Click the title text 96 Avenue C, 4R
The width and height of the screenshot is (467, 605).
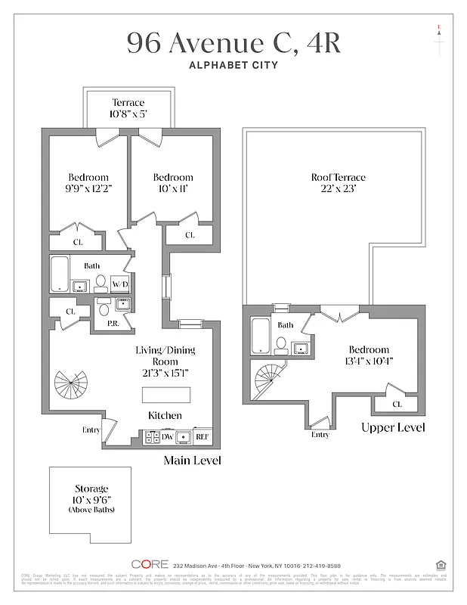click(233, 43)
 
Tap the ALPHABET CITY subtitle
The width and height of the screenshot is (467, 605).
click(233, 66)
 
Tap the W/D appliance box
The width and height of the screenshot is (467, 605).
click(119, 284)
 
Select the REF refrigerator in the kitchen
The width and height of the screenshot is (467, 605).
click(202, 437)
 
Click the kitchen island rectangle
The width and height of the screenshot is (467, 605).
click(166, 396)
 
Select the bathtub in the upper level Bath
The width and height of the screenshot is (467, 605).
click(261, 337)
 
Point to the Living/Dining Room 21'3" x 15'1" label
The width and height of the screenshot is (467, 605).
click(165, 361)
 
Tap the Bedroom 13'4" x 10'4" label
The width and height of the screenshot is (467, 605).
click(369, 355)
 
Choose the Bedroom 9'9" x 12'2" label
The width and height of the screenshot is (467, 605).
click(88, 183)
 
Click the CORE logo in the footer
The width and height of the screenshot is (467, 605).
click(149, 564)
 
